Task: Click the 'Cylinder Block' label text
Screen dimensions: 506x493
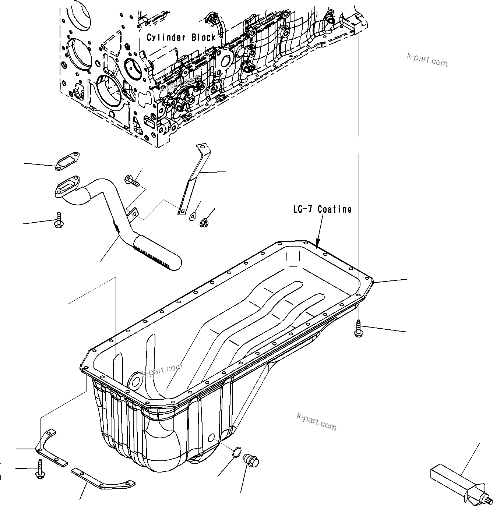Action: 181,37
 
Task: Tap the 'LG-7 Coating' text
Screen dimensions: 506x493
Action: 322,209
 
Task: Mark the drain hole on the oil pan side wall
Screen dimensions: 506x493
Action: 212,438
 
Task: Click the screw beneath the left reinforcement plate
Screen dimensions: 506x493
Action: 39,468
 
